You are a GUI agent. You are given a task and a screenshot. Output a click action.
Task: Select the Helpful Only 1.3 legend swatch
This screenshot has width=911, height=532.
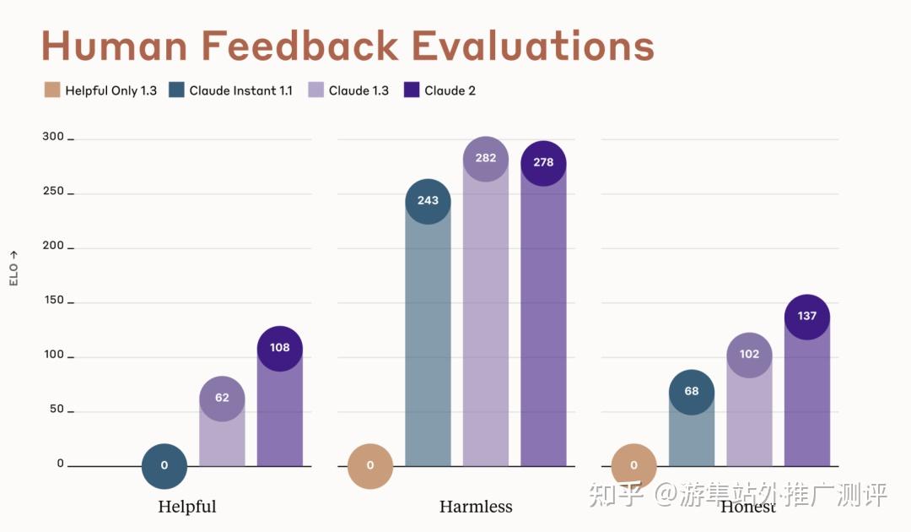click(52, 90)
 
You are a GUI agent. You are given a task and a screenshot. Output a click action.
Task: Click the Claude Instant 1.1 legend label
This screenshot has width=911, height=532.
click(240, 90)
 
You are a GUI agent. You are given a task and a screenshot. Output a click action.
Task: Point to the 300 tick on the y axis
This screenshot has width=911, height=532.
click(53, 137)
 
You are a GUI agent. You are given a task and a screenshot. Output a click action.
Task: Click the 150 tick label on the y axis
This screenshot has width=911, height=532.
click(53, 301)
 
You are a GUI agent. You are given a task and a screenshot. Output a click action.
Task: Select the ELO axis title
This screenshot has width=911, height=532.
click(13, 268)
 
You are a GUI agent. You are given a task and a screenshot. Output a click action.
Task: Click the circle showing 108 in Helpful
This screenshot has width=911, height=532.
click(280, 348)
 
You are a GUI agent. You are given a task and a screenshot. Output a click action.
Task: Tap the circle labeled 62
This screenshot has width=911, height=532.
click(222, 398)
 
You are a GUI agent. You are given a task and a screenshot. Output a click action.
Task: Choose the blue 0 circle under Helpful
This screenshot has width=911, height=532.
click(164, 465)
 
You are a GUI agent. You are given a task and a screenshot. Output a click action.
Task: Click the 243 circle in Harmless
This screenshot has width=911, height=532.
click(429, 201)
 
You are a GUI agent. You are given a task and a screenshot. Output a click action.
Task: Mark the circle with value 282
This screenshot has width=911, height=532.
click(486, 159)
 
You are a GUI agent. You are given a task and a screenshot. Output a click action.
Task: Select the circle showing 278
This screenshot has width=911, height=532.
click(543, 163)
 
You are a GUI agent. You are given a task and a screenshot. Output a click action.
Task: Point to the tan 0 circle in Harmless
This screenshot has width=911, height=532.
click(370, 465)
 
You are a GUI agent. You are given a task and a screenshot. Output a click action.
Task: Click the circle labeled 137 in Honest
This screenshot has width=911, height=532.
click(807, 317)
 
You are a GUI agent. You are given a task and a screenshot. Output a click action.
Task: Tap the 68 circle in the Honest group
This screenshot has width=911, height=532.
click(692, 392)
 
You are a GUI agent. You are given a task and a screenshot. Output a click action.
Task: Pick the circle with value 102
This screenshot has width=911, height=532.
click(749, 355)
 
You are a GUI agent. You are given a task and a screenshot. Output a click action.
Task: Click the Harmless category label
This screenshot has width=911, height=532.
click(476, 508)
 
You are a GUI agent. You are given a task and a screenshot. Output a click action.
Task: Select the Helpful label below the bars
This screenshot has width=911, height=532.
click(187, 508)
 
